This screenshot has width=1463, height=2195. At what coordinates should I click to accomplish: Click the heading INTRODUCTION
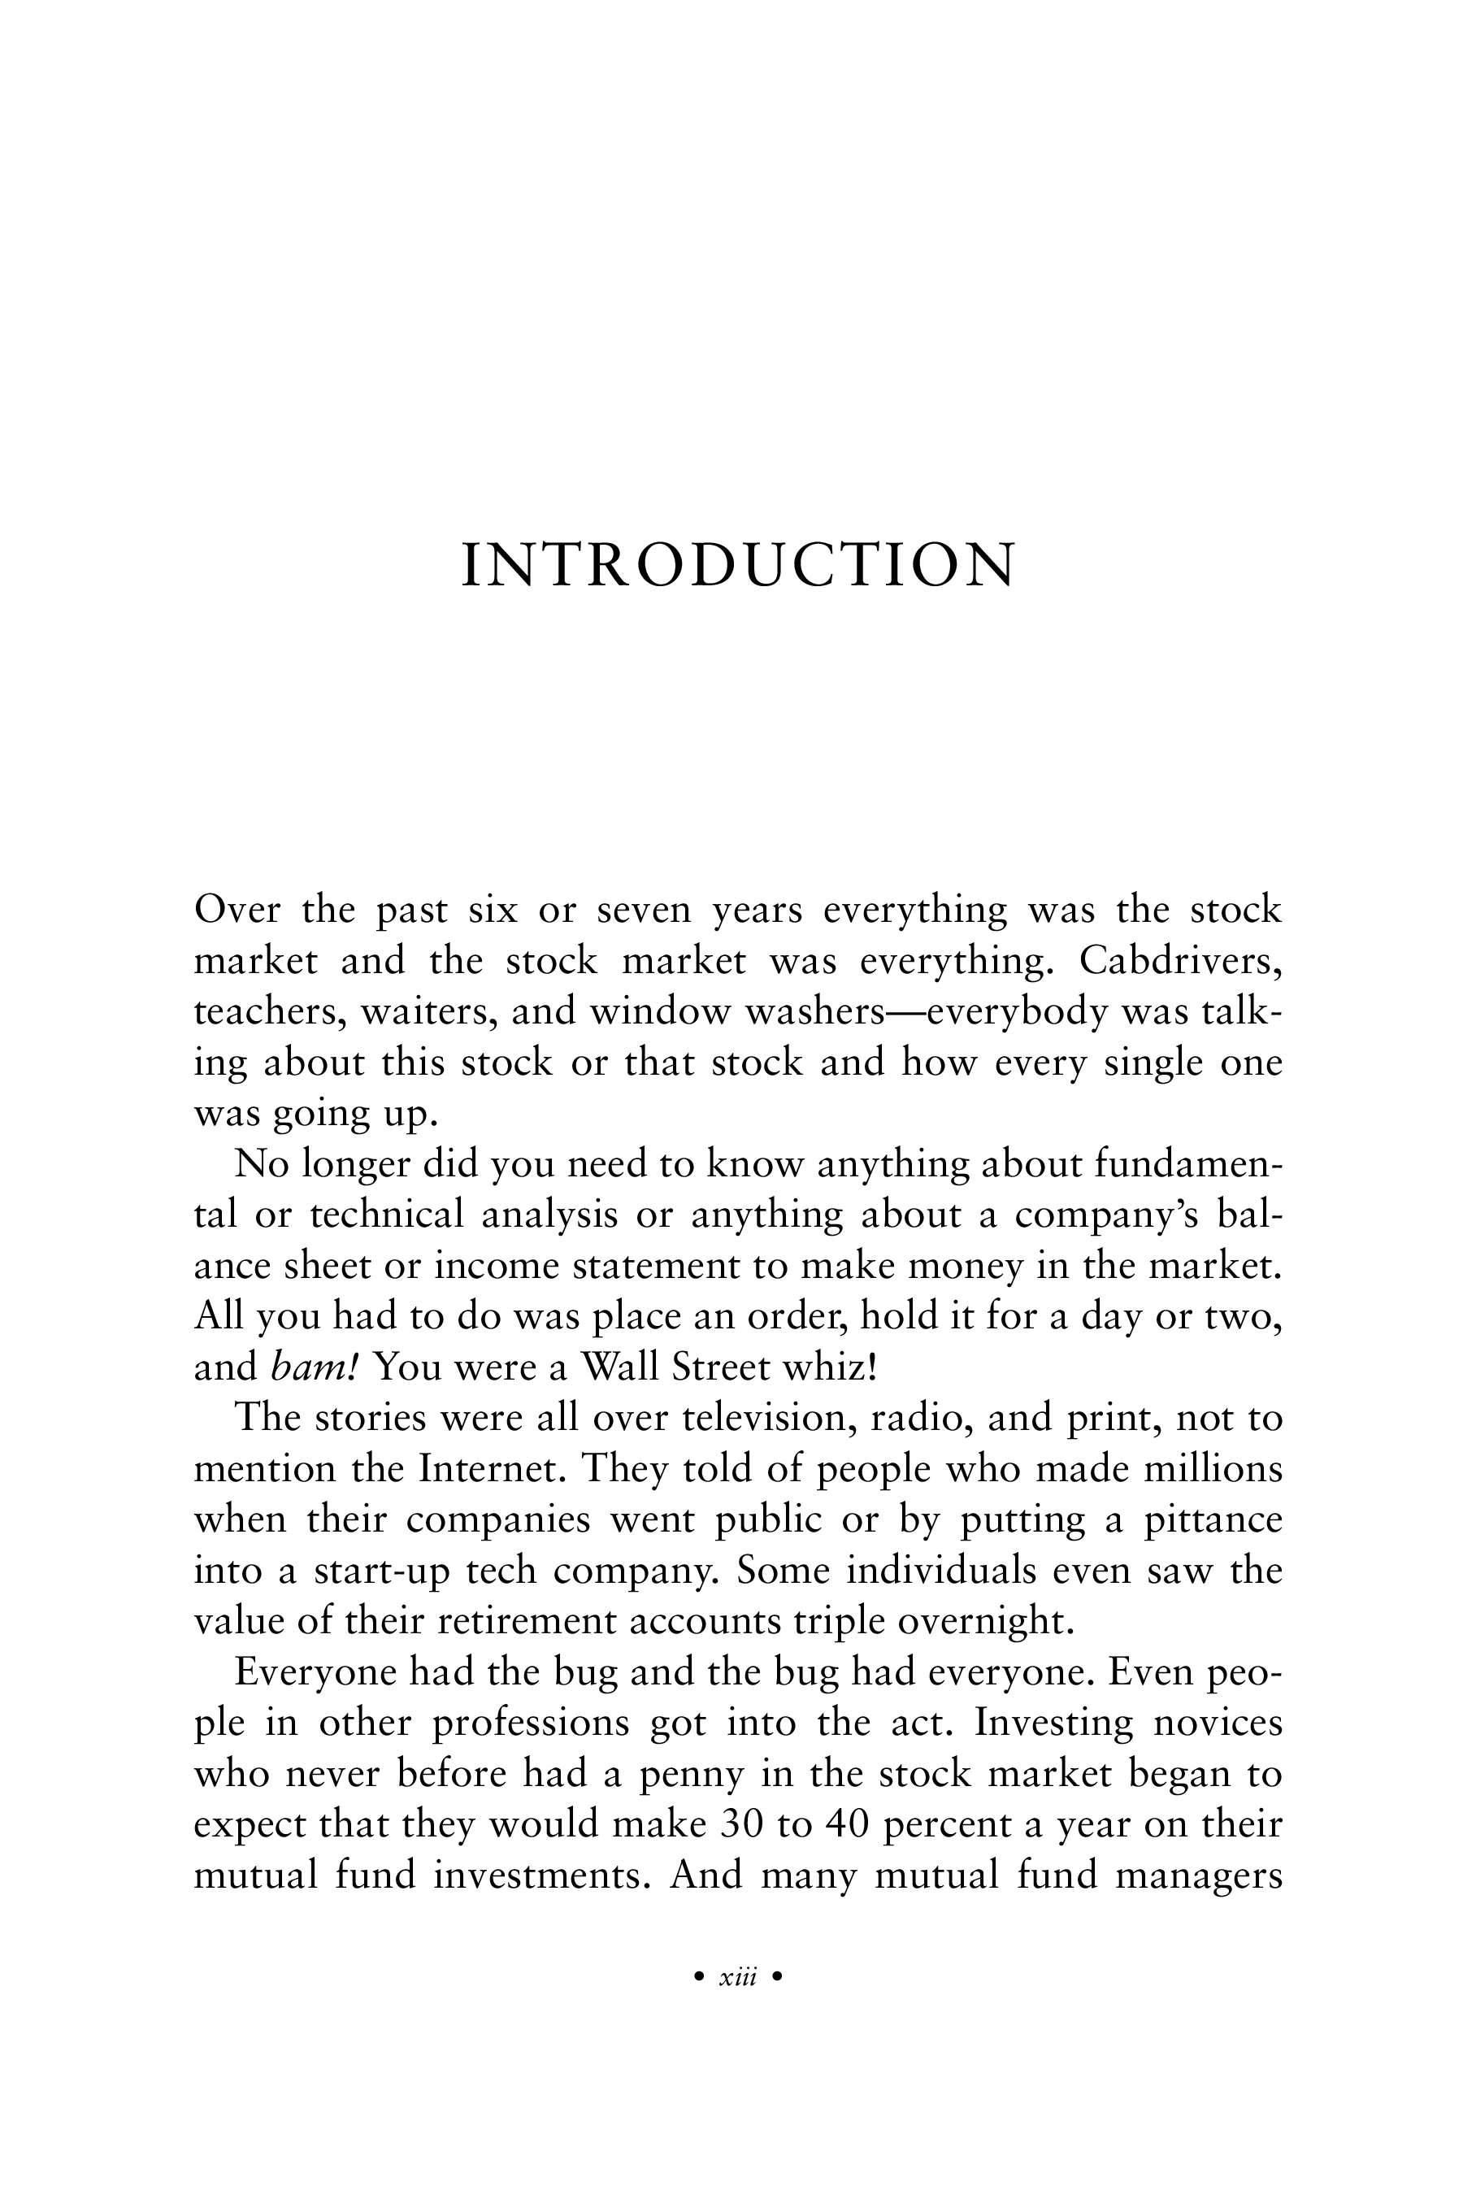tap(738, 566)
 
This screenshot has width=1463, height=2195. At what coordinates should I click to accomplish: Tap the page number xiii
tap(738, 1976)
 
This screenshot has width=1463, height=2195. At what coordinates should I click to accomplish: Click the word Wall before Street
tap(635, 1367)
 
